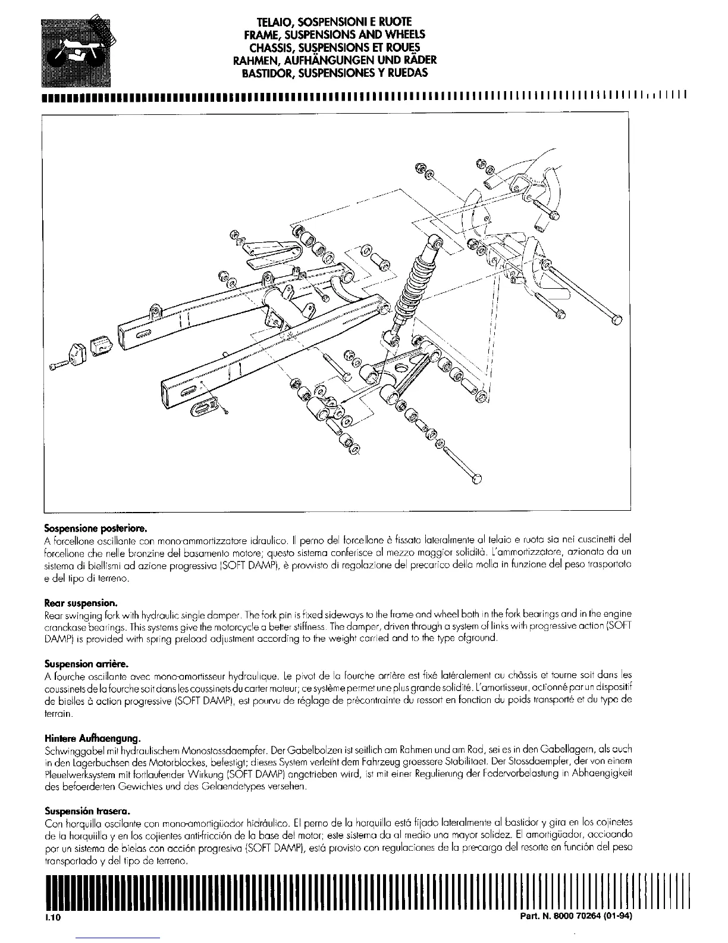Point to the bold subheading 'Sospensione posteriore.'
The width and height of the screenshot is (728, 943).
[95, 528]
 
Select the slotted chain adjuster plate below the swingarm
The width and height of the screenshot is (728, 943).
[204, 405]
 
